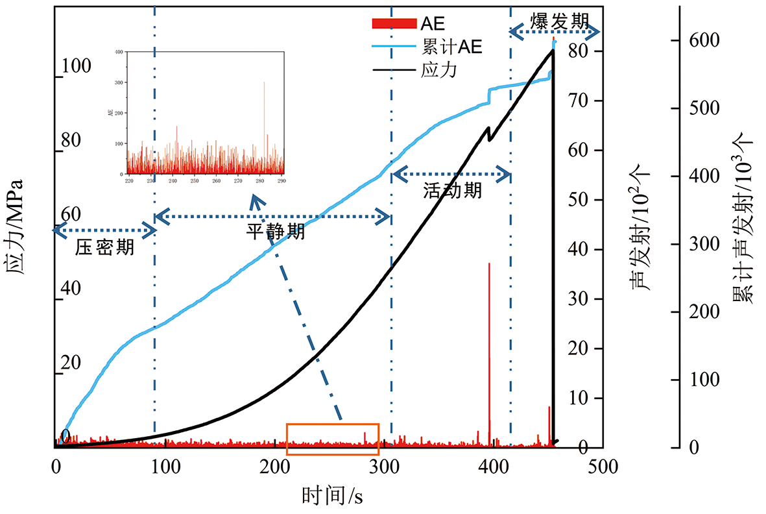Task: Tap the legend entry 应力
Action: [439, 69]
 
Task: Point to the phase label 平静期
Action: [275, 231]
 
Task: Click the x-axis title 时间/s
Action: [331, 496]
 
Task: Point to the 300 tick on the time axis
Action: [385, 467]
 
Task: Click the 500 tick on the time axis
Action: [603, 467]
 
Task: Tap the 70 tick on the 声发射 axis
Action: [579, 101]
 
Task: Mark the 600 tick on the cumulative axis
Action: [703, 40]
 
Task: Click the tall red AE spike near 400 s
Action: [489, 337]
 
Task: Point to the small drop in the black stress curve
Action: [489, 134]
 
